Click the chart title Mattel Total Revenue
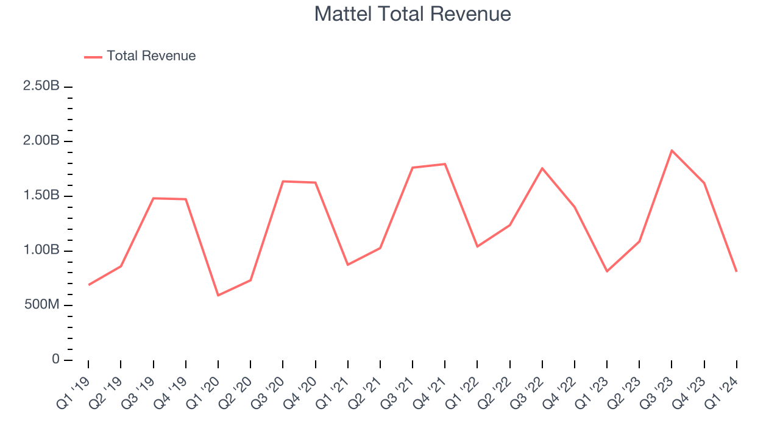click(412, 14)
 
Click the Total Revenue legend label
click(151, 56)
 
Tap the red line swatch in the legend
click(93, 57)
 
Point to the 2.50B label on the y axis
click(41, 86)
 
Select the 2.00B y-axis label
click(41, 141)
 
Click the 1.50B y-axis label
click(41, 196)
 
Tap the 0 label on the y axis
click(55, 360)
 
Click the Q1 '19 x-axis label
click(74, 390)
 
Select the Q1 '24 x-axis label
click(723, 390)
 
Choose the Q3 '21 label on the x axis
click(399, 390)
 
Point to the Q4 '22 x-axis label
click(561, 390)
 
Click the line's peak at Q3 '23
click(672, 150)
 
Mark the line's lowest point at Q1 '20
click(218, 296)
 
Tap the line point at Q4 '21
click(445, 164)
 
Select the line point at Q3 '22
click(542, 168)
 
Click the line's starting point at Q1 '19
click(88, 285)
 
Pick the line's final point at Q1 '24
click(736, 271)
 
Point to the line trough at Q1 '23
click(607, 271)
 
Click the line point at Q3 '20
click(283, 181)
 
